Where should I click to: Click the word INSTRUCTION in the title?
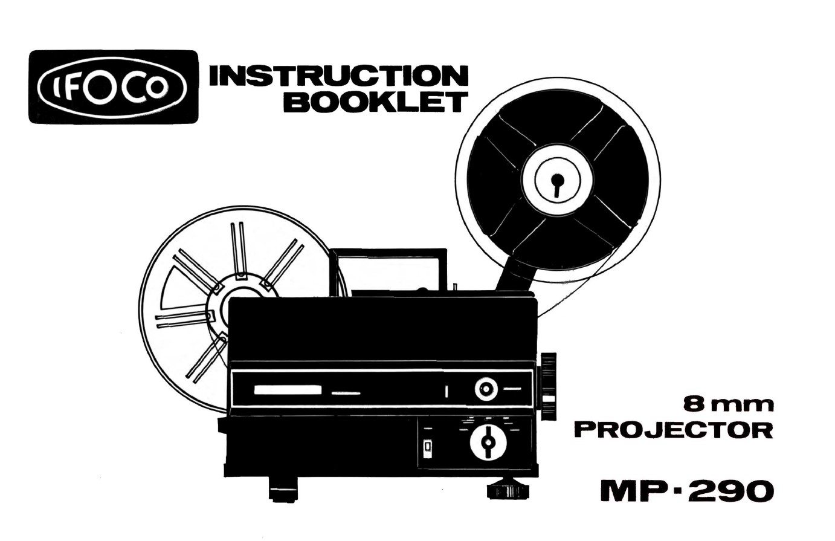point(338,76)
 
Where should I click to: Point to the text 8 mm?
point(727,403)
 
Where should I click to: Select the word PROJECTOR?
point(673,430)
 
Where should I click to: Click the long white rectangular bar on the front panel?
point(287,390)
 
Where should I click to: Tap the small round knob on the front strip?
point(486,389)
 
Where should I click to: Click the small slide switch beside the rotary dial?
point(428,448)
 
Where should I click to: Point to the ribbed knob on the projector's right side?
point(549,385)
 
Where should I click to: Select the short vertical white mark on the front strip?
point(446,390)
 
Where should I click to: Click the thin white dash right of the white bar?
point(346,394)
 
